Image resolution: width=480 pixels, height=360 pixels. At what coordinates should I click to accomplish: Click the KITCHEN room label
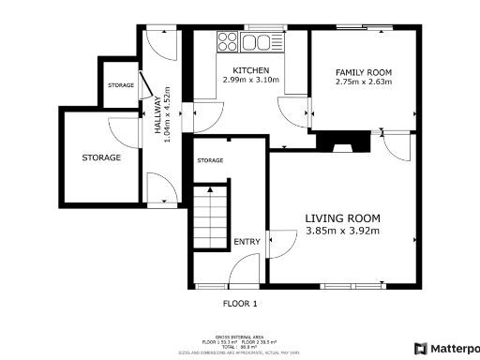[251, 71]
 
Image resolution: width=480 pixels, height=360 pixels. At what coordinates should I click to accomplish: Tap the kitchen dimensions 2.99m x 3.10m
[251, 82]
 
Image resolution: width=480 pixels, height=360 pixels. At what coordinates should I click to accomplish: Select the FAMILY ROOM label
[364, 72]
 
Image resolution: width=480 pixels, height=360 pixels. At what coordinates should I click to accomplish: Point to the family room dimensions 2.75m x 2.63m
[364, 82]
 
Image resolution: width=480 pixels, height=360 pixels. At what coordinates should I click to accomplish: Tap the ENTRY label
[247, 243]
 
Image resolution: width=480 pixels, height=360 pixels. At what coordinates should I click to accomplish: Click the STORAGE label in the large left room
[100, 157]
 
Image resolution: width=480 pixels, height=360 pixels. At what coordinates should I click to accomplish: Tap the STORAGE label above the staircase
[210, 161]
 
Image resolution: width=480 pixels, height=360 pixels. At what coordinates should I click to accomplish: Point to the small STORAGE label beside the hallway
[120, 85]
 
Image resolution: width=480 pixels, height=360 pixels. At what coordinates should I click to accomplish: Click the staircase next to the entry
[211, 217]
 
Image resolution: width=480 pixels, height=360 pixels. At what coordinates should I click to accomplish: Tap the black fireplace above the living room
[340, 142]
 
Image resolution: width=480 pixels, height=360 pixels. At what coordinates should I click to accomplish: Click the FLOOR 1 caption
[239, 304]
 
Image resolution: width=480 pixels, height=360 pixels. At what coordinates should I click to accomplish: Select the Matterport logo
[446, 348]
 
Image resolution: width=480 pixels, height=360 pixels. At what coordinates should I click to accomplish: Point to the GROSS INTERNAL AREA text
[240, 337]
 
